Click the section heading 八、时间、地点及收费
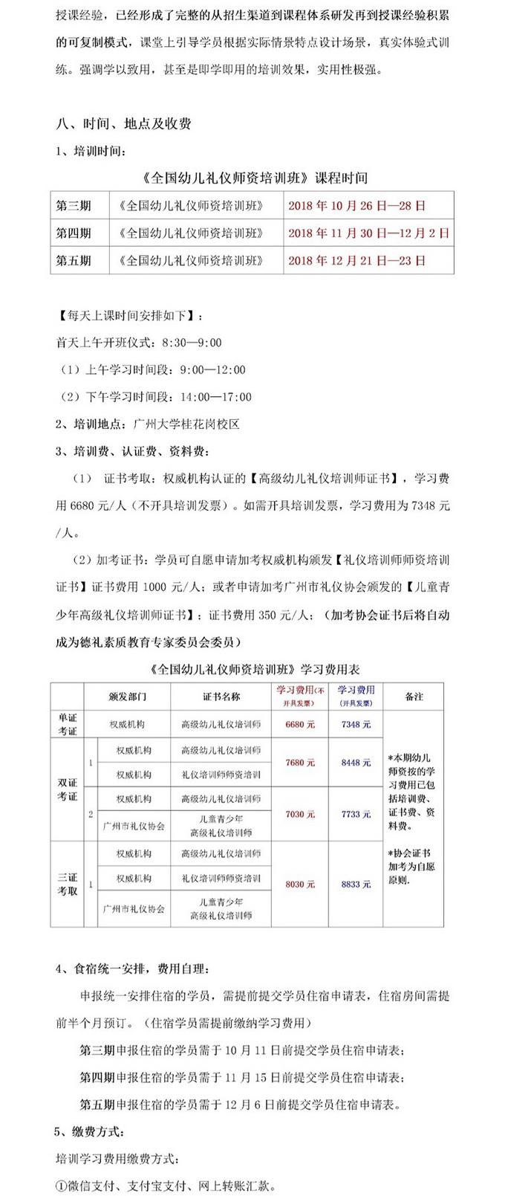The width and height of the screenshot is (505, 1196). tap(124, 123)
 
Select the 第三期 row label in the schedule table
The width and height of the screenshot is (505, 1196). tap(74, 206)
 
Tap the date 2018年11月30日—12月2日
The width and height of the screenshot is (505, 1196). tap(368, 233)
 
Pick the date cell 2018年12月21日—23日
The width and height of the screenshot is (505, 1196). tap(356, 260)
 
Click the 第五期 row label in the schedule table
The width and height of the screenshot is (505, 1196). tap(74, 260)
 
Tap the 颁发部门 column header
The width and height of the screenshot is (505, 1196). tap(127, 696)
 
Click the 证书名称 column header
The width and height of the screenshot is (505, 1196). tap(221, 696)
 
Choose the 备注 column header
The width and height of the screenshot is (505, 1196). tap(414, 696)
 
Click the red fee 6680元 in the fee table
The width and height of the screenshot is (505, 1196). tap(300, 724)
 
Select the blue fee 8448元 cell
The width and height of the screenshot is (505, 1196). tap(356, 762)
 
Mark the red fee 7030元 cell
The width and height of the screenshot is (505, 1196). tap(300, 814)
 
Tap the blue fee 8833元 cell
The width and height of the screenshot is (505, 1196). tap(356, 884)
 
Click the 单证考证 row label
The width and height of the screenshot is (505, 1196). tap(68, 724)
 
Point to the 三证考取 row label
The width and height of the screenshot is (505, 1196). tap(68, 884)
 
